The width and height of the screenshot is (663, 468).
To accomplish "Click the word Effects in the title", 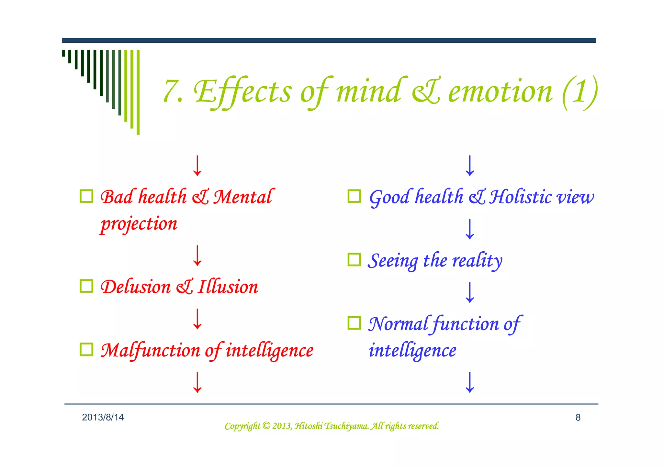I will tap(243, 92).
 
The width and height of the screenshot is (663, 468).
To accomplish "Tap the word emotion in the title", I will tap(500, 92).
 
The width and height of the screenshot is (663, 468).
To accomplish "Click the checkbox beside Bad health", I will tap(86, 196).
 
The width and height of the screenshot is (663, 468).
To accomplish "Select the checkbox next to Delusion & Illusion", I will tap(86, 286).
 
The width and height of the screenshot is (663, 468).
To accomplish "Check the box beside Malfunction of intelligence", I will tap(86, 349).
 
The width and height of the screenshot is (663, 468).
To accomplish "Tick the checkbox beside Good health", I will tap(354, 196).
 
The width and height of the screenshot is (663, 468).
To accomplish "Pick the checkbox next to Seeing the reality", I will tap(354, 259).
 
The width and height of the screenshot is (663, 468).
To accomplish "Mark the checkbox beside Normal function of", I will tap(354, 323).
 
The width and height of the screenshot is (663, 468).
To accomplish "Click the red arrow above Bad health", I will tap(197, 166).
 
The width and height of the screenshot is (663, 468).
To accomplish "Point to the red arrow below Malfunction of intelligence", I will tap(197, 382).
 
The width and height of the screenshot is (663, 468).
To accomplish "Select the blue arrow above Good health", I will tap(470, 166).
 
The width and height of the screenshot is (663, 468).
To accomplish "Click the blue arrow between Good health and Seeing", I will tap(470, 229).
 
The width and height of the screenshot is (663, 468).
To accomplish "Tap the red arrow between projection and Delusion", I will tap(197, 256).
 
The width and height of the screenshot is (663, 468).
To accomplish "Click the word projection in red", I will tap(139, 224).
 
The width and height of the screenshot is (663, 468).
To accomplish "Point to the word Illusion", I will tap(228, 287).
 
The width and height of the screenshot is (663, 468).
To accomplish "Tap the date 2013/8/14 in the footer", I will tap(103, 417).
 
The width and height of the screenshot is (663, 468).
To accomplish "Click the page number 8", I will tap(578, 418).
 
